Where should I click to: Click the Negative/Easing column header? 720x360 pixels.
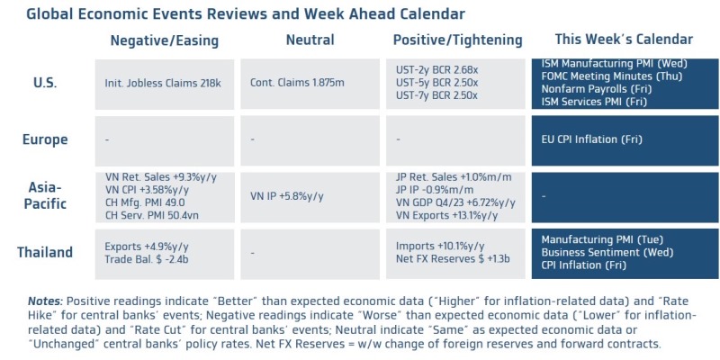165,40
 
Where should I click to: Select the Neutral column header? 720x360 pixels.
310,40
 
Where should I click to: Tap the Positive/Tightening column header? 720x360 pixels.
458,40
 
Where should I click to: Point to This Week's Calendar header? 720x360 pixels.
624,40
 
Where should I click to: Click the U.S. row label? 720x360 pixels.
46,84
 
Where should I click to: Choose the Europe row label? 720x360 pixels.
45,139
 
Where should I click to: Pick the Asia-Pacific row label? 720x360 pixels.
45,195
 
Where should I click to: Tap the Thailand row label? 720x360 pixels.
45,252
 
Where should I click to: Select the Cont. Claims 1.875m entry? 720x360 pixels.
297,83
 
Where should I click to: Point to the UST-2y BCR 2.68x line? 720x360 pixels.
436,70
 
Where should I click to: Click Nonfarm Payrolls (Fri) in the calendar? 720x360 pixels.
597,89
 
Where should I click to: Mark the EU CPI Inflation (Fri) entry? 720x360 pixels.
591,139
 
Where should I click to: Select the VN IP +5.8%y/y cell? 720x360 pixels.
287,196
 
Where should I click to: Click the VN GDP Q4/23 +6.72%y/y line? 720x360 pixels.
455,202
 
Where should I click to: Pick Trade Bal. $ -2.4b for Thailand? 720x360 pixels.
147,259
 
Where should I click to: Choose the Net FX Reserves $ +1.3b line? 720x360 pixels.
454,259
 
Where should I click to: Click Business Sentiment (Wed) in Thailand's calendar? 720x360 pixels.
607,252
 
